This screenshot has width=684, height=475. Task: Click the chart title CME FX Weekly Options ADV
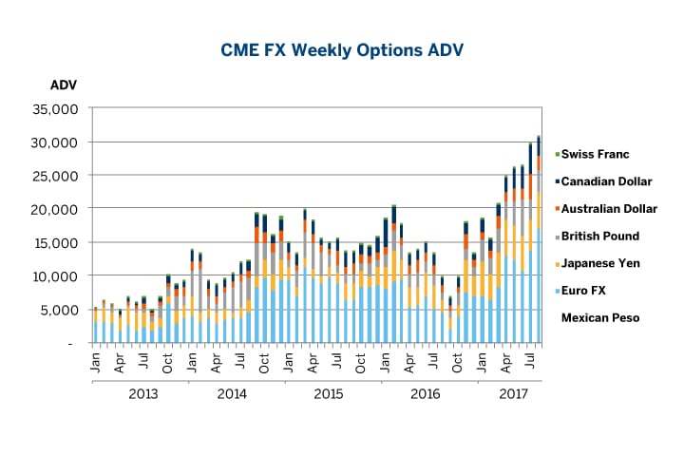(341, 48)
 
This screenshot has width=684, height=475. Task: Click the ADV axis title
(63, 85)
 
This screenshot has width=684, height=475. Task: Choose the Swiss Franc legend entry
(595, 154)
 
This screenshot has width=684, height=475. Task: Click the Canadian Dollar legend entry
(608, 181)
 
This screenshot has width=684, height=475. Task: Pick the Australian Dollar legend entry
(609, 209)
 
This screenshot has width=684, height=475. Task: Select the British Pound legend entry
(600, 236)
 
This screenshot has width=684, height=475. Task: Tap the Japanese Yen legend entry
(600, 263)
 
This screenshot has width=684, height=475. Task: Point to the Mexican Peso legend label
(600, 318)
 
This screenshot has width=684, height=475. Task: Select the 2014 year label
(233, 392)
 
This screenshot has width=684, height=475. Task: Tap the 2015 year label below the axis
(328, 392)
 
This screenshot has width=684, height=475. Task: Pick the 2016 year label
(423, 392)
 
